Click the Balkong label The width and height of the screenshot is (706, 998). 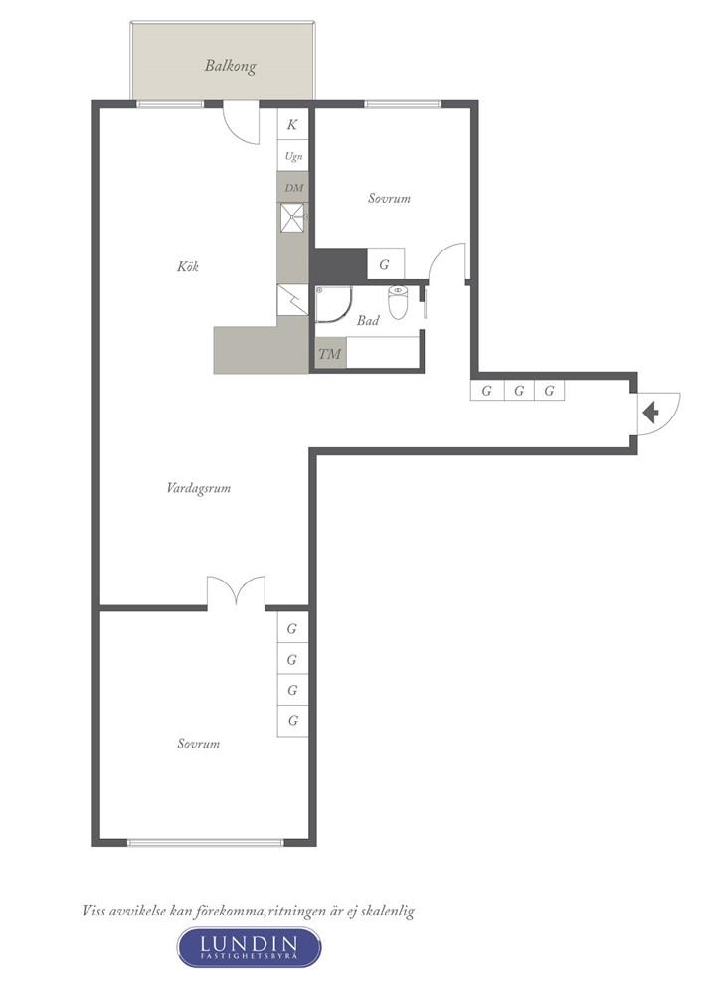[230, 67]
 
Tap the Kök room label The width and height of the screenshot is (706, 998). [188, 266]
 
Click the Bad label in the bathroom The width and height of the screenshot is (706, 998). [368, 321]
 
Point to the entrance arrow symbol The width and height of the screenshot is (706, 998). [652, 412]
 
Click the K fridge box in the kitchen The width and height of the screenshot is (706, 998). [292, 125]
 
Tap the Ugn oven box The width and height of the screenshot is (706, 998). [293, 156]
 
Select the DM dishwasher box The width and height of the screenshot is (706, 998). [293, 187]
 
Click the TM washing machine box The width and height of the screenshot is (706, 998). [330, 353]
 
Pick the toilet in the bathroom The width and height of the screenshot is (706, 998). [399, 302]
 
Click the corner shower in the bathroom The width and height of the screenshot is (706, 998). [333, 306]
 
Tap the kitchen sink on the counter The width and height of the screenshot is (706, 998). [293, 218]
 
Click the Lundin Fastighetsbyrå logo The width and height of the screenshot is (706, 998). [249, 947]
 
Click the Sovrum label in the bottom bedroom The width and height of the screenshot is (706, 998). [199, 744]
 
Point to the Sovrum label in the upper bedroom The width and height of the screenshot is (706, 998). [389, 198]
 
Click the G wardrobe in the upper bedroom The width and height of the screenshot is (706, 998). [385, 265]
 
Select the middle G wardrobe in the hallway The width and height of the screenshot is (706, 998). [518, 390]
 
